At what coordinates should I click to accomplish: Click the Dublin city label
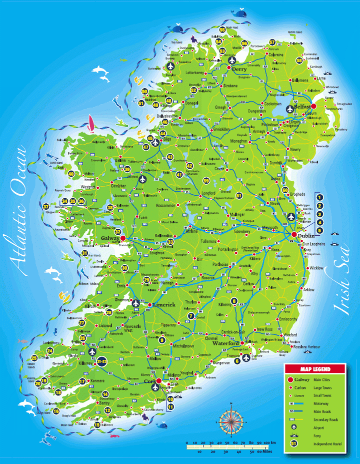[x=305, y=235]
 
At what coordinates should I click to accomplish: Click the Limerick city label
[x=165, y=305]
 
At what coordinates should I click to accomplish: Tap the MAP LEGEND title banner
[x=315, y=369]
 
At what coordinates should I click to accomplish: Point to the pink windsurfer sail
[x=91, y=122]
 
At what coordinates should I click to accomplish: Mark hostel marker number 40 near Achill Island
[x=71, y=174]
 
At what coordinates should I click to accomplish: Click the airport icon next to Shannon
[x=135, y=303]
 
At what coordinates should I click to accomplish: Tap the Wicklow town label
[x=316, y=268]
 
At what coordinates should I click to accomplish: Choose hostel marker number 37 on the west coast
[x=46, y=206]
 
